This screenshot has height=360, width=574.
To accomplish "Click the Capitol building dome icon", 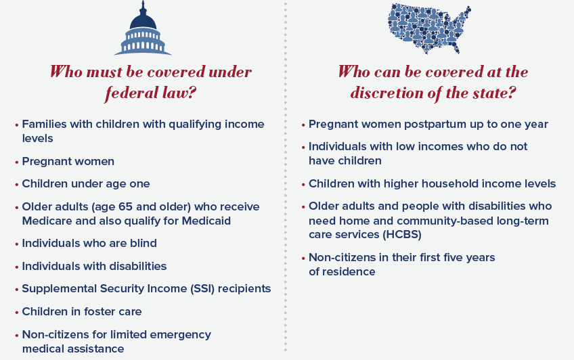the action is tap(143, 28).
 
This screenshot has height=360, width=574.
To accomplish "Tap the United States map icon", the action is tap(429, 28).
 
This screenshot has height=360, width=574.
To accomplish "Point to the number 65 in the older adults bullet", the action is tap(125, 206).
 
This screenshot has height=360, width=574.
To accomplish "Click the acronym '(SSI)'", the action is tap(202, 289).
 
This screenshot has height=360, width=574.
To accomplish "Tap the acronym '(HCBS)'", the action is tap(402, 235).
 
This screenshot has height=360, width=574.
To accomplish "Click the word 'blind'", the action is tap(143, 244).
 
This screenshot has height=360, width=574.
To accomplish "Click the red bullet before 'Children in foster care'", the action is tap(17, 313).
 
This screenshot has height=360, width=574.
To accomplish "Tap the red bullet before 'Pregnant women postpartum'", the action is tap(303, 125).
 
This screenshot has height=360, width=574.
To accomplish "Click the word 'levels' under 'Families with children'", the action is tap(37, 139).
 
